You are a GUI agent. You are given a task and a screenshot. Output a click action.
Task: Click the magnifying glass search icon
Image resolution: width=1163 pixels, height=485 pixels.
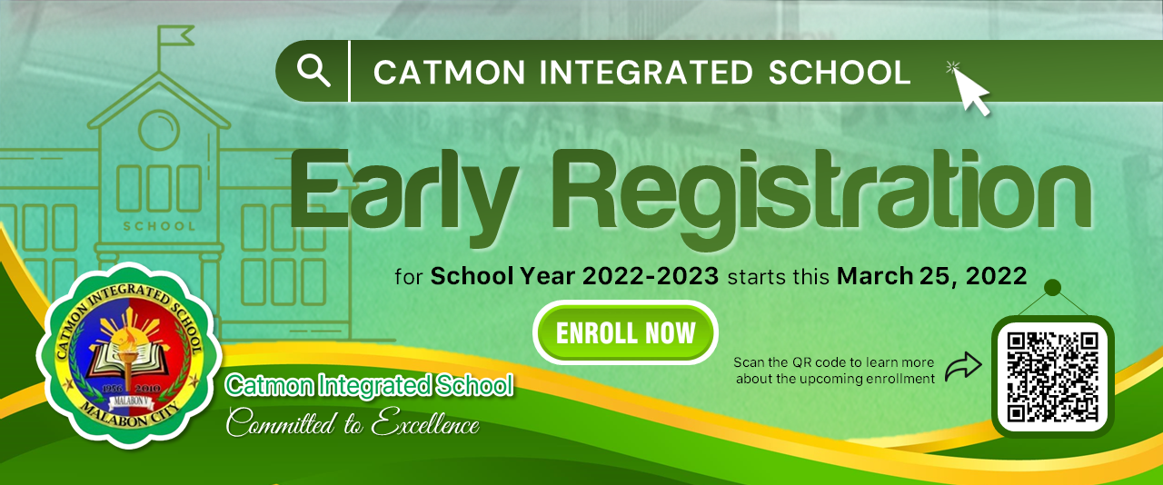(x=313, y=71)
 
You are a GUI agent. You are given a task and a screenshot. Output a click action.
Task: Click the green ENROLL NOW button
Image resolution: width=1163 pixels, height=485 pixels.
(x=625, y=332)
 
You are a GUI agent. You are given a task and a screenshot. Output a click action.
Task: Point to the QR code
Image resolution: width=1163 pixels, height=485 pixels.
(x=1052, y=377)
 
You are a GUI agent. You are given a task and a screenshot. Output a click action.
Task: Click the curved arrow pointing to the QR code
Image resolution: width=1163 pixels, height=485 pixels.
(x=964, y=366)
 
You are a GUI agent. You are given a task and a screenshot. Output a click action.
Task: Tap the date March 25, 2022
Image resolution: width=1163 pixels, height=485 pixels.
(x=931, y=276)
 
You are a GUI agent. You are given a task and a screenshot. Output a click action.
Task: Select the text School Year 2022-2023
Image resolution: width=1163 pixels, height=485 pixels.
(x=574, y=276)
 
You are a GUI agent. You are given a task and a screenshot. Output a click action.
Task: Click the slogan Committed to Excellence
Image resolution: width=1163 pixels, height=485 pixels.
(x=353, y=422)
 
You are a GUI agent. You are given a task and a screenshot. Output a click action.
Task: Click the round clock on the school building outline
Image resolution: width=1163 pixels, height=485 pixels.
(x=159, y=131)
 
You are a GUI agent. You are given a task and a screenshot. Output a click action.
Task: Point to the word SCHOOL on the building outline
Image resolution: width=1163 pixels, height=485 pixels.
(x=159, y=226)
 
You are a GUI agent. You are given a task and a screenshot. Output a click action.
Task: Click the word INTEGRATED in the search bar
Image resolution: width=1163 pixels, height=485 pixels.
(x=646, y=72)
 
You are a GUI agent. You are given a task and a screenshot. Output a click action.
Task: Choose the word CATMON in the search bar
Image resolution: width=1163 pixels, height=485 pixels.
(x=449, y=72)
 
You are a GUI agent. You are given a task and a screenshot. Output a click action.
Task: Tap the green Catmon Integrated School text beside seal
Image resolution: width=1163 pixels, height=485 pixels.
(x=369, y=386)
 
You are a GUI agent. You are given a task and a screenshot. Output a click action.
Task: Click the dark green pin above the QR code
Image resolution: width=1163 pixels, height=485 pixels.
(x=1052, y=287)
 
